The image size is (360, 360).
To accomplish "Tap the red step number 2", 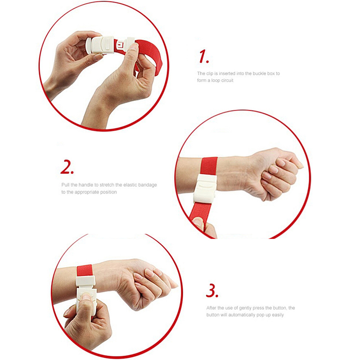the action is coord(67,167).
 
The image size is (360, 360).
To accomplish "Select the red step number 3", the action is coord(211,291).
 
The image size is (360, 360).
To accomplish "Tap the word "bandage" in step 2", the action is coord(148,185).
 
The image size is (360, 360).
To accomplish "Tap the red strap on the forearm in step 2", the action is coord(209,166).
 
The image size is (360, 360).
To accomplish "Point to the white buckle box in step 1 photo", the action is coord(101,44).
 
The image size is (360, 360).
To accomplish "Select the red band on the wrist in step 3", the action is coord(85,270).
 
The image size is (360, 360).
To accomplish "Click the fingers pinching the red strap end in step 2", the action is coord(203,227).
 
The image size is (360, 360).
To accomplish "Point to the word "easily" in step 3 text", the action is coord(278,315).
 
